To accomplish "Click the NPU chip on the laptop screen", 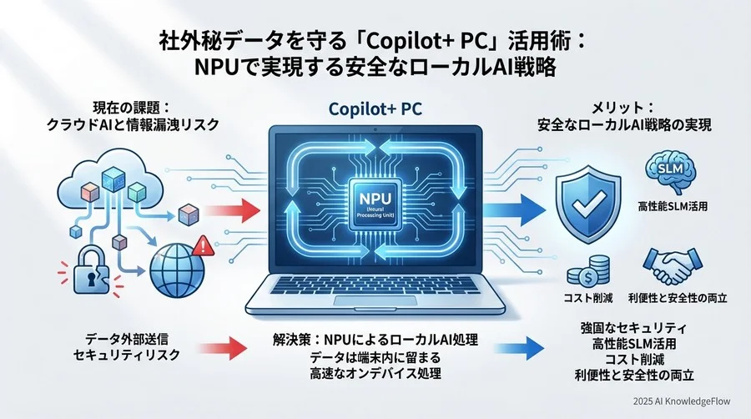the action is (375, 206).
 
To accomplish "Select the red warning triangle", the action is (203, 245).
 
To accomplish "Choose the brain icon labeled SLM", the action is (671, 170).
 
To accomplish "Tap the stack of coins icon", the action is (588, 271).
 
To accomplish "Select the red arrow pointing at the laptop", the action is (232, 209).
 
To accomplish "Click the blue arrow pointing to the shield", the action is (514, 209).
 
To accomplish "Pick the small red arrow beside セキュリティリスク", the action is (222, 348).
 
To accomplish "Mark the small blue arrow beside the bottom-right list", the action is (519, 348).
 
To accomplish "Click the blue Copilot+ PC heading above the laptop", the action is (375, 109).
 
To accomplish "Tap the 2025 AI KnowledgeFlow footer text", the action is (682, 401).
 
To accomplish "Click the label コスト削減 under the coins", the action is (588, 298).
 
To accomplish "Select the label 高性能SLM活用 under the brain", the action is (673, 206).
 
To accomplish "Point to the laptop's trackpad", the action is (375, 300).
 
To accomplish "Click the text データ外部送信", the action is (127, 339).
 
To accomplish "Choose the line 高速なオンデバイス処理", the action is (375, 373).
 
